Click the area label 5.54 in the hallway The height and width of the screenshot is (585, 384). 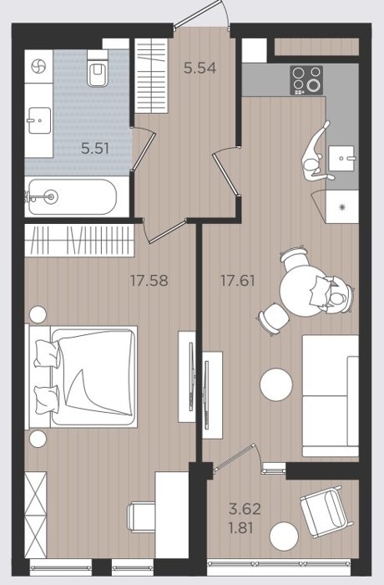pos(200,68)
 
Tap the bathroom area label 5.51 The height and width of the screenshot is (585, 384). pos(95,149)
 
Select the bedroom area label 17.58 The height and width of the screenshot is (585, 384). pos(149,280)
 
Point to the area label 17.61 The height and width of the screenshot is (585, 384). pos(238,280)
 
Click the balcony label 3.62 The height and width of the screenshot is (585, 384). pos(245,508)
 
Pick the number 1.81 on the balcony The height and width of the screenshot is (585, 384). pos(241,528)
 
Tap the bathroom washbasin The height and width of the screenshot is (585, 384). pos(39,120)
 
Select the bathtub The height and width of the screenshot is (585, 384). pos(73,197)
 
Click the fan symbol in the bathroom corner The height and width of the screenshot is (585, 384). pos(38,67)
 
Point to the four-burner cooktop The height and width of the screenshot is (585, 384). pos(306,80)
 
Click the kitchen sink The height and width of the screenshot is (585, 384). pos(341,158)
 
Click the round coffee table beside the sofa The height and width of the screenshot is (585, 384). pos(276,384)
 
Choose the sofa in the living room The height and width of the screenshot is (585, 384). pos(331,395)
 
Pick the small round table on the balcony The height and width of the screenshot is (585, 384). pos(284,536)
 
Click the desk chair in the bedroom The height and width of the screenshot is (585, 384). pos(141,517)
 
